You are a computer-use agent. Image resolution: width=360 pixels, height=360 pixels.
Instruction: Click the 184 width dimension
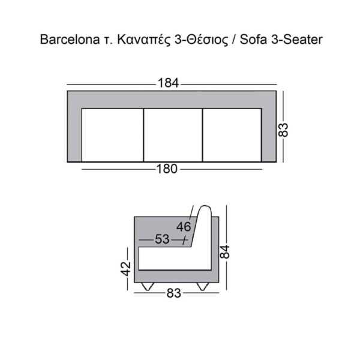coord(169,83)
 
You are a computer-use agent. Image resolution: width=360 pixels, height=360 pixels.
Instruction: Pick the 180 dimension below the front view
coord(167,169)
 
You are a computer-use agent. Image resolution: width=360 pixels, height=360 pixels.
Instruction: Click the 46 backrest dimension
coord(184,226)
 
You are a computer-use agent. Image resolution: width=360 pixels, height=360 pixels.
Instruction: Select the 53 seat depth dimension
coord(162,239)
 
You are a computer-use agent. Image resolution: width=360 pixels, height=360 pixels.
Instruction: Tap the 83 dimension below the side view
coord(173,294)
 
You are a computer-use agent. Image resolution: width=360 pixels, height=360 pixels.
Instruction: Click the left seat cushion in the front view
coord(112,134)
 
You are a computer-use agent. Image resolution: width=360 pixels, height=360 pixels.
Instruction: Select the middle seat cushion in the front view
coord(173,134)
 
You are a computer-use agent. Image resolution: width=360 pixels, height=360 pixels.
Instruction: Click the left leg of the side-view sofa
coord(148,285)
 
